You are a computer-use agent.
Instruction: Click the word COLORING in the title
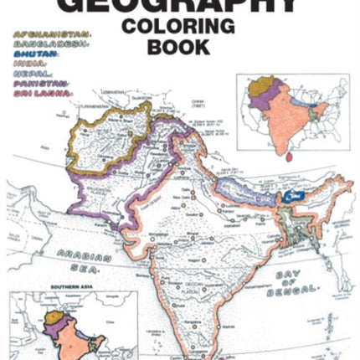[x=178, y=26]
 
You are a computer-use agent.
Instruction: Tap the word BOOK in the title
[x=178, y=46]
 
